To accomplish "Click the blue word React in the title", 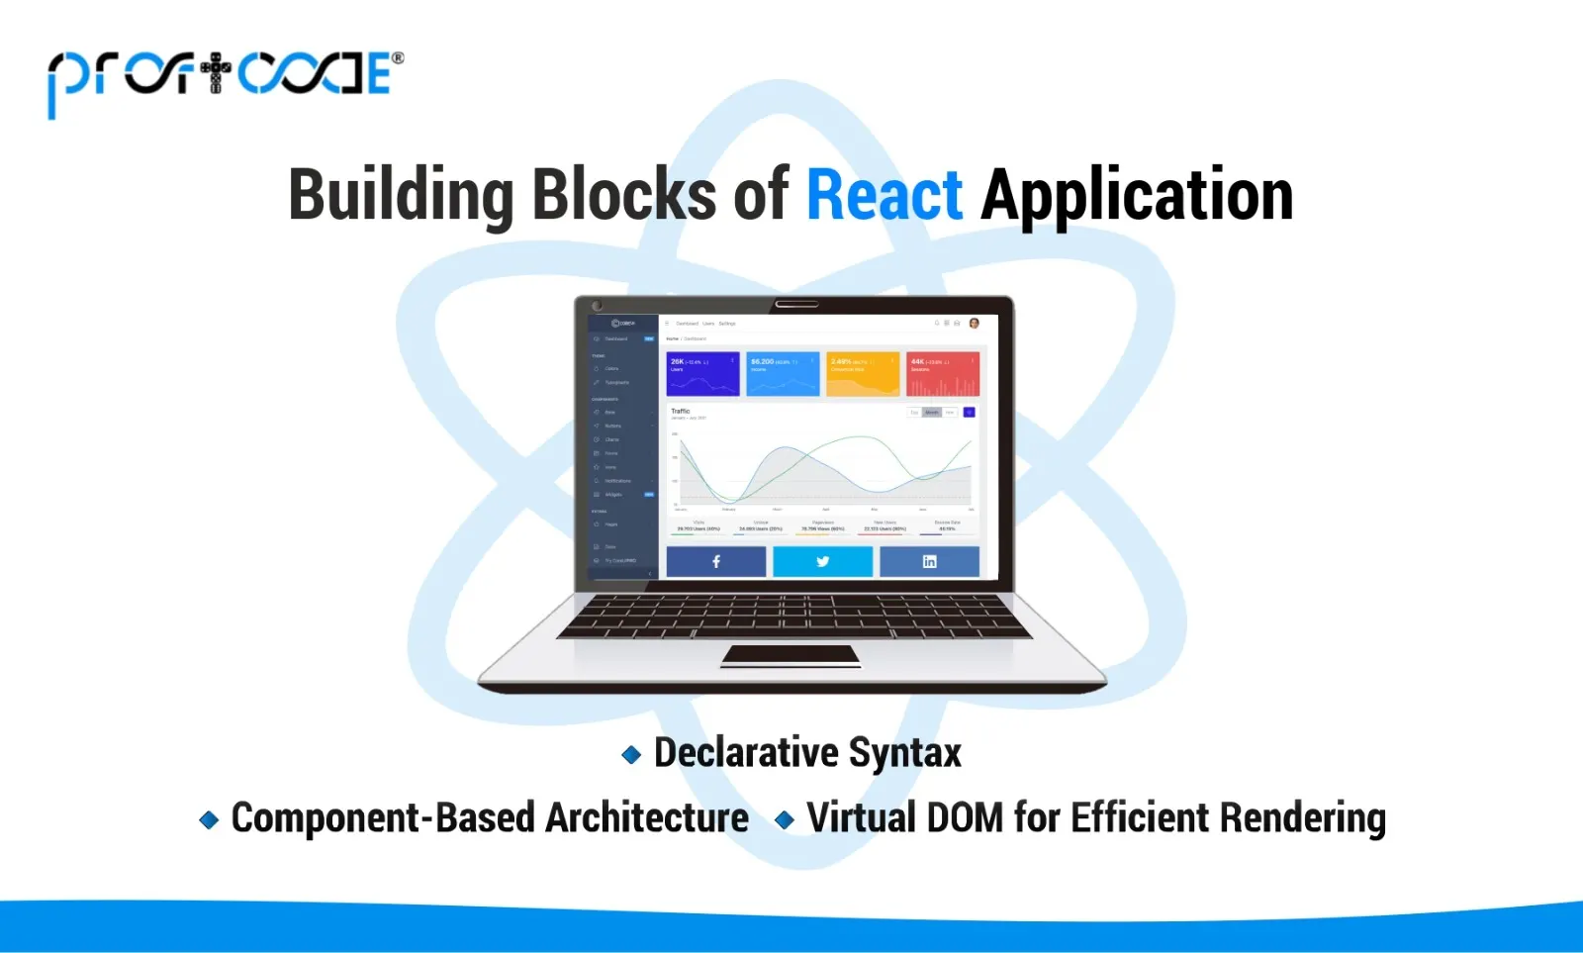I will point(884,195).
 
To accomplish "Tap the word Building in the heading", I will point(401,195).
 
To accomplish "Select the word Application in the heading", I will point(1137,195).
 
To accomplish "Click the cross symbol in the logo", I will point(215,73).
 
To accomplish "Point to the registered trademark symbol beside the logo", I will point(398,58).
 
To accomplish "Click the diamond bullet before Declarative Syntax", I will point(631,755).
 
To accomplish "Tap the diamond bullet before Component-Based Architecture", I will point(209,819).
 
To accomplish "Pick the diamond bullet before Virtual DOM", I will point(785,819).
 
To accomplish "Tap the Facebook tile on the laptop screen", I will point(716,561).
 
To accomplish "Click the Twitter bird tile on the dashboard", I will point(822,561).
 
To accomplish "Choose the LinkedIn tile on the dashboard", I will point(929,561).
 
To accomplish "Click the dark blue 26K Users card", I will point(702,374).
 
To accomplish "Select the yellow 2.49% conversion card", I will point(863,374).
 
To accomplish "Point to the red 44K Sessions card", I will point(942,374).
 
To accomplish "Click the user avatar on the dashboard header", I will point(974,324).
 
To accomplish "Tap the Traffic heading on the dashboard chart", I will point(681,411).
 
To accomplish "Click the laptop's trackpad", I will point(791,655).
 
